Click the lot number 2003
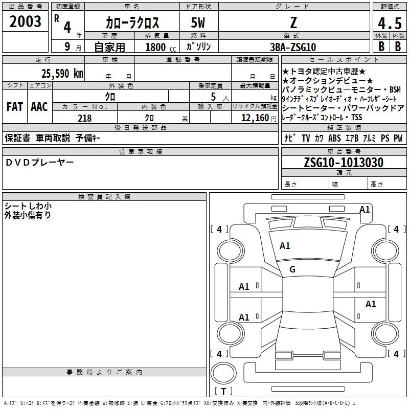25,21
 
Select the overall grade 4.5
390,24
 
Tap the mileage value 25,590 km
62,74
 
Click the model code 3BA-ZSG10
293,47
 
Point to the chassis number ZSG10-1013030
344,163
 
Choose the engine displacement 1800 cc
161,47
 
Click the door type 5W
198,22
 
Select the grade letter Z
293,22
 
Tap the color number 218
84,118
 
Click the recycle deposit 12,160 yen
259,118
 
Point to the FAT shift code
15,107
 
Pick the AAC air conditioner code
39,107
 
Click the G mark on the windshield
292,269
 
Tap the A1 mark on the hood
285,246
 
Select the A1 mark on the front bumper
365,210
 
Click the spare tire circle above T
223,373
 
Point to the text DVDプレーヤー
40,163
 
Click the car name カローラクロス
132,22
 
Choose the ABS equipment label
334,138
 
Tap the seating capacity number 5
213,97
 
